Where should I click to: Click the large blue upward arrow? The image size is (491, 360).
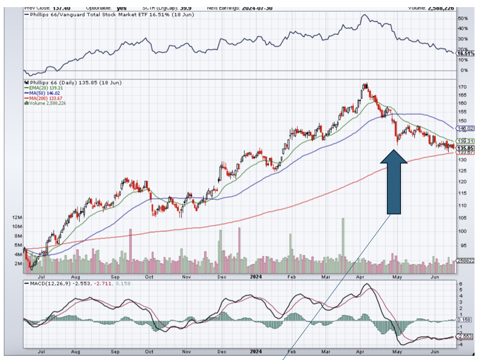coord(393,184)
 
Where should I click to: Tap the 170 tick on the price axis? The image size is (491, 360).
coord(463,87)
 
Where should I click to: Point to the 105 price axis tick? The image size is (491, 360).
coord(463,218)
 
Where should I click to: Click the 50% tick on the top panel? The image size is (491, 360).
coord(464,18)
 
